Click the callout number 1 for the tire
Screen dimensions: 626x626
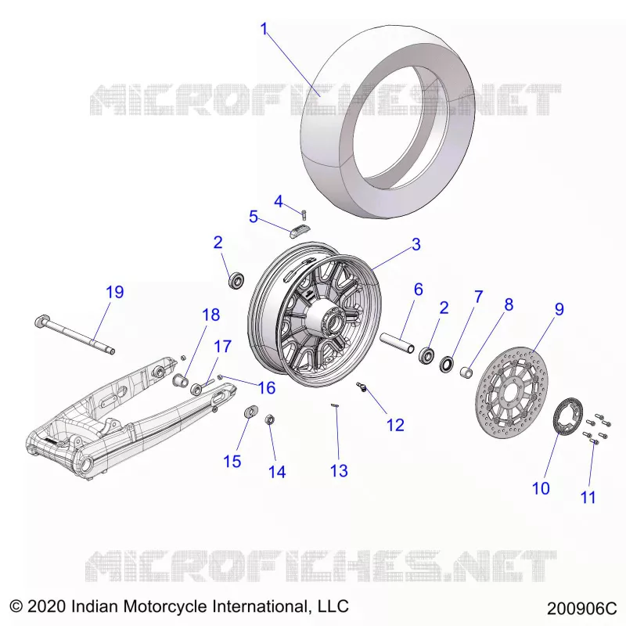[x=264, y=29]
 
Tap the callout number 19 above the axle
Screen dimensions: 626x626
[x=114, y=292]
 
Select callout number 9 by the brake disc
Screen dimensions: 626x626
[x=559, y=309]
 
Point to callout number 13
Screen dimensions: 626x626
[x=339, y=471]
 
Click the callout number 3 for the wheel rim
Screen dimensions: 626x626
[x=416, y=244]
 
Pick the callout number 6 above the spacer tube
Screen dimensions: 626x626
[x=418, y=290]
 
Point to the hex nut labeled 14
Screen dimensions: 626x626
[x=269, y=419]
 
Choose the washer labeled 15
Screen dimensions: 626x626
[x=250, y=411]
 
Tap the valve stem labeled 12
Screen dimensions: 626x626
[x=362, y=387]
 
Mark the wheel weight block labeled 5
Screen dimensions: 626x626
[x=300, y=232]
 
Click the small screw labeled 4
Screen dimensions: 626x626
[x=304, y=214]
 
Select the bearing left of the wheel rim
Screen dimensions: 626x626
[x=236, y=280]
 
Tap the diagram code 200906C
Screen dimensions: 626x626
[x=581, y=609]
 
